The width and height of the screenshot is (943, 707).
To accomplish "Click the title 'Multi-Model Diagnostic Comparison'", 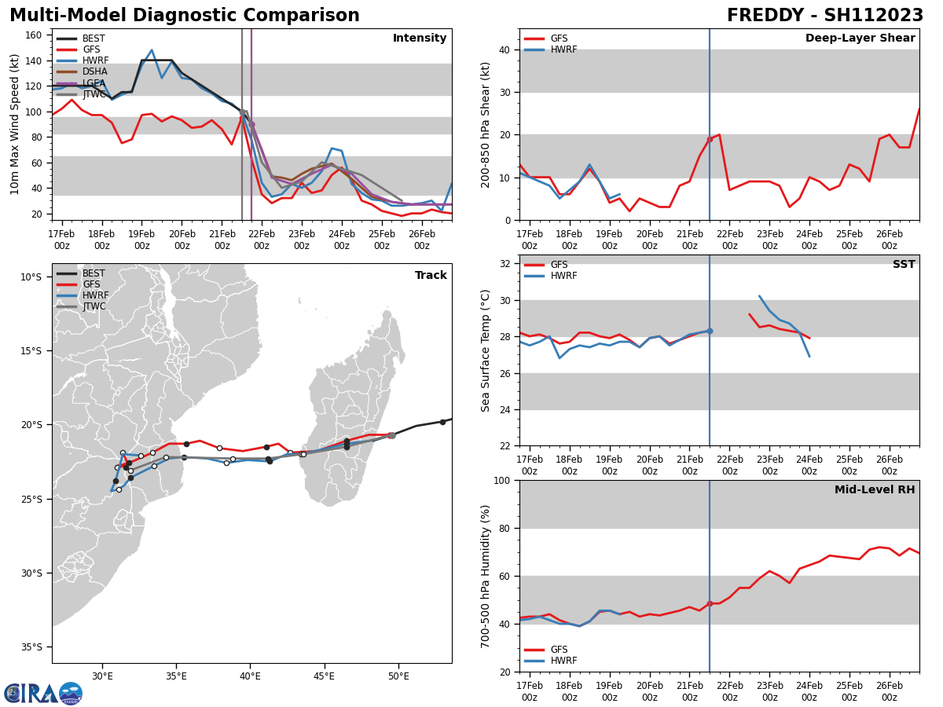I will click(x=185, y=16).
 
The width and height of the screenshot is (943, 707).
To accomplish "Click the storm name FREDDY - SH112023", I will click(x=824, y=16).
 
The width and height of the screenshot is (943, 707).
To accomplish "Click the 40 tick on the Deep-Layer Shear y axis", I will click(x=505, y=50).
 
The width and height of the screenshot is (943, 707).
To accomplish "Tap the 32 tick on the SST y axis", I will click(x=505, y=264).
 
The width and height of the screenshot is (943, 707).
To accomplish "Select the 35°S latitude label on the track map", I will click(x=31, y=647).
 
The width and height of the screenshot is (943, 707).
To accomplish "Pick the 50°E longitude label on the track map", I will click(x=398, y=676).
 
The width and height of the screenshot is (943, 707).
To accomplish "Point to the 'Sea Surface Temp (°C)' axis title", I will click(x=486, y=350).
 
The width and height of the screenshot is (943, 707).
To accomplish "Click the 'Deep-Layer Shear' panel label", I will click(x=860, y=38).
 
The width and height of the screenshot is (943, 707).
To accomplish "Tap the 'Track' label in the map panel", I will click(x=431, y=276).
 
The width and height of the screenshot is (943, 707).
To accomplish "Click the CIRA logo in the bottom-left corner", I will click(x=43, y=693).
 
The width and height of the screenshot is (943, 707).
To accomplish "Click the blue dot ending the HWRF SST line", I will click(x=710, y=331).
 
